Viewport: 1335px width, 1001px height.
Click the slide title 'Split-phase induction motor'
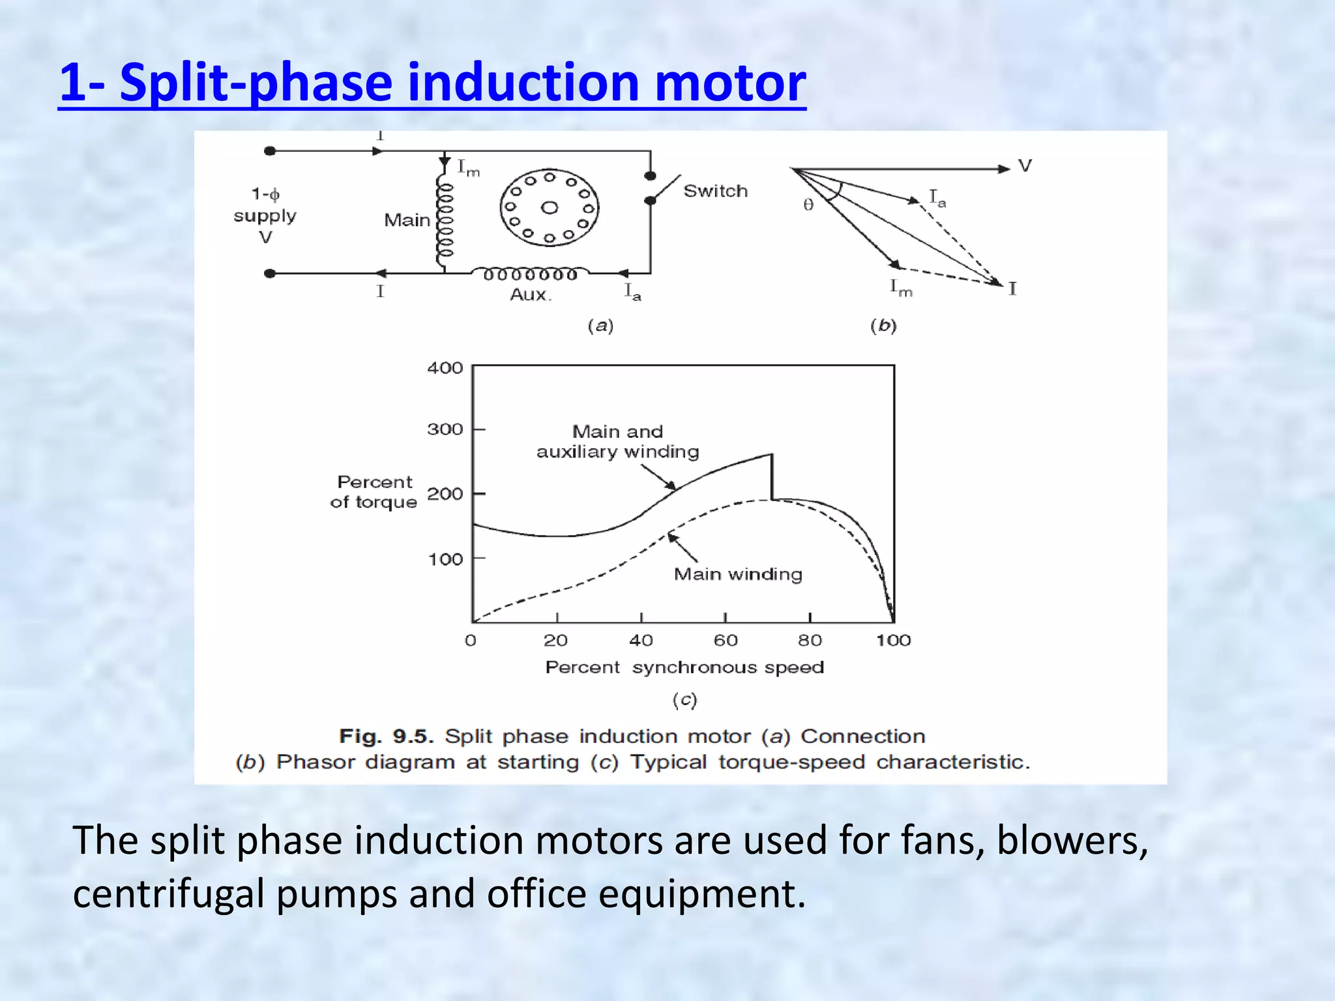(432, 83)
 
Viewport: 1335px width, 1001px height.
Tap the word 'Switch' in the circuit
(715, 191)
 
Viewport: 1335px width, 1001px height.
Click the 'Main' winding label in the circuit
(407, 220)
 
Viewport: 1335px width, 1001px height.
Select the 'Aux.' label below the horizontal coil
(530, 295)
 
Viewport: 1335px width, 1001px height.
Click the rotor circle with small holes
(549, 208)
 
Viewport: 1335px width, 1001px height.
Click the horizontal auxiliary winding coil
(529, 273)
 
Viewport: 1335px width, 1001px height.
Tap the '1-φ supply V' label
(265, 215)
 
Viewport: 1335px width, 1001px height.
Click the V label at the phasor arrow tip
(1024, 166)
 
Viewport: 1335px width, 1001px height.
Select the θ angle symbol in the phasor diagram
(808, 205)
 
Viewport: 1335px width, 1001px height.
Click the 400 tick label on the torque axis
(445, 368)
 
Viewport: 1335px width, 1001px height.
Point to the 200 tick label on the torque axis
(445, 494)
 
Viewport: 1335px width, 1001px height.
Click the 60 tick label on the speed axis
(725, 641)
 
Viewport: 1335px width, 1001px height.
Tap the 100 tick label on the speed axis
(892, 641)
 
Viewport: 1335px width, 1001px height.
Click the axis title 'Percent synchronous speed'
(684, 667)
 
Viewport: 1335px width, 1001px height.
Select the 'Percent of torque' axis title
(374, 492)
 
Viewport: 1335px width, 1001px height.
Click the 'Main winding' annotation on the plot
(738, 574)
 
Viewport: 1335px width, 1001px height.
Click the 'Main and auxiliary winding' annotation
(617, 441)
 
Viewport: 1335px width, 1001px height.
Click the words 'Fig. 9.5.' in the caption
(386, 736)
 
